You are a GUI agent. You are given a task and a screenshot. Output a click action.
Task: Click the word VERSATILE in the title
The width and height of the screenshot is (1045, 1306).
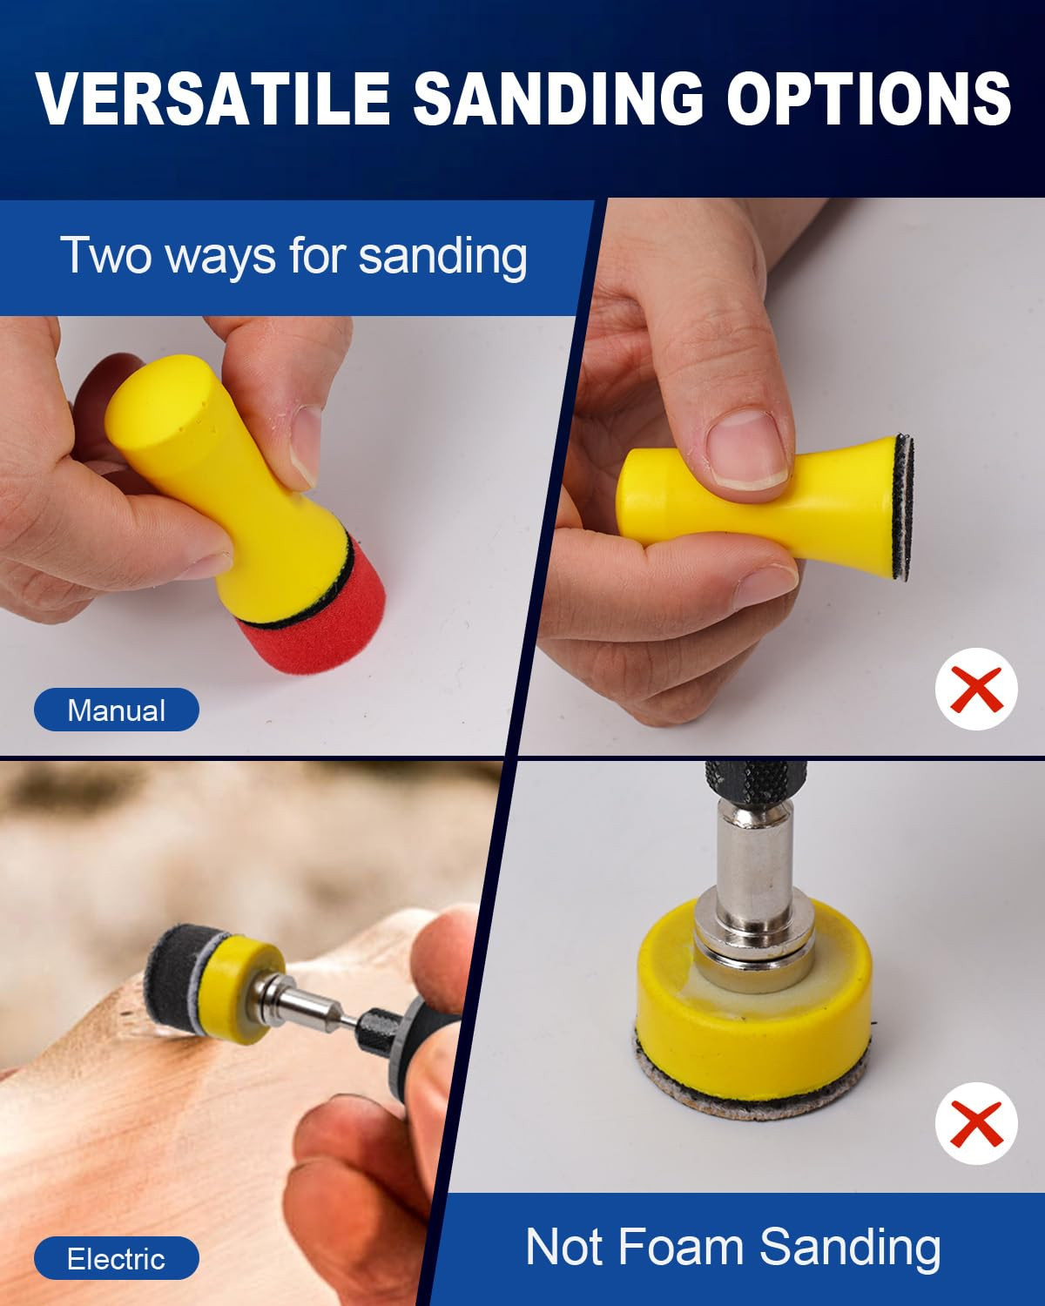(212, 98)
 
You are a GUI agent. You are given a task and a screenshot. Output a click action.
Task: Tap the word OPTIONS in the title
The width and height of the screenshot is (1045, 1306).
(869, 98)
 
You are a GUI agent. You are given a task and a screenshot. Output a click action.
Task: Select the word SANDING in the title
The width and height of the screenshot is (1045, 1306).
(558, 98)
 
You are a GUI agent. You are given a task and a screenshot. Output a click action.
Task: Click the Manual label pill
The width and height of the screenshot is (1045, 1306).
(117, 710)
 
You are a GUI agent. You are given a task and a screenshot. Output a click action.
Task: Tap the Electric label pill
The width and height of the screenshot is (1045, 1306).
(117, 1259)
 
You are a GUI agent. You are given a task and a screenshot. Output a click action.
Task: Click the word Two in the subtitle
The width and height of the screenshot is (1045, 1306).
(105, 255)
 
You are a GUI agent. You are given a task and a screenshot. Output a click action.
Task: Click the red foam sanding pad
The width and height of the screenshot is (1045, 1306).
(316, 613)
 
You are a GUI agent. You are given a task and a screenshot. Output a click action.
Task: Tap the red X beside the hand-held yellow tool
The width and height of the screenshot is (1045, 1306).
(976, 690)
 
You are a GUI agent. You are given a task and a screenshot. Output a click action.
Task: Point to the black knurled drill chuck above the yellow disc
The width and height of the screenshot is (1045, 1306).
(756, 782)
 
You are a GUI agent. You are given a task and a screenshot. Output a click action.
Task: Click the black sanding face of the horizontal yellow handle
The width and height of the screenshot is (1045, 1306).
(904, 508)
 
